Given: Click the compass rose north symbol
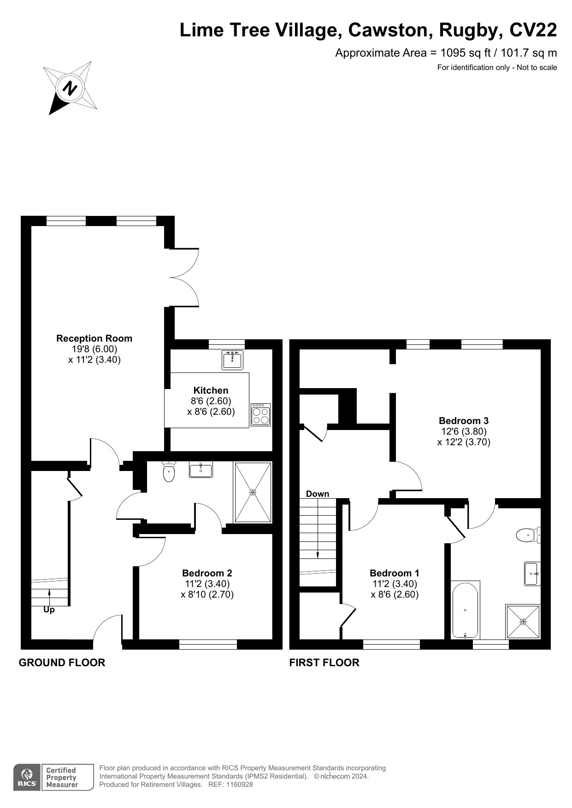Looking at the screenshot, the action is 70,88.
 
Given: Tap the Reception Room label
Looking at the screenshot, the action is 94,338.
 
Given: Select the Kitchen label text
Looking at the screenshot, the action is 211,390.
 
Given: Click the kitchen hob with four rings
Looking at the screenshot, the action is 261,414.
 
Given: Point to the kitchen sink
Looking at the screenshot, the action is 233,360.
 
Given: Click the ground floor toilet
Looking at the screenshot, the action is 169,472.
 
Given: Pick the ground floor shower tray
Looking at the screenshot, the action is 253,492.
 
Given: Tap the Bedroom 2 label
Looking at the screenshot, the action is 207,573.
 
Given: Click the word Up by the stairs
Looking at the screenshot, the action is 49,610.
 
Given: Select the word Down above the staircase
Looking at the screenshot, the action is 318,494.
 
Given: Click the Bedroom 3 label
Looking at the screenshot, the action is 464,421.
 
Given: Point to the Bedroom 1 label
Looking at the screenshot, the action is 395,573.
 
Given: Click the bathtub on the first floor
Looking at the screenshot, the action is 466,610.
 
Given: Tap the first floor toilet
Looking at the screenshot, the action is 528,535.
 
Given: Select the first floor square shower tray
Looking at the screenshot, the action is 523,622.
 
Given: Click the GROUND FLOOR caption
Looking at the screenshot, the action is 62,663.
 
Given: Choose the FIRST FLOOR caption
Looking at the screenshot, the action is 324,663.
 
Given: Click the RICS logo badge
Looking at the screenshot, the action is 28,778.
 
